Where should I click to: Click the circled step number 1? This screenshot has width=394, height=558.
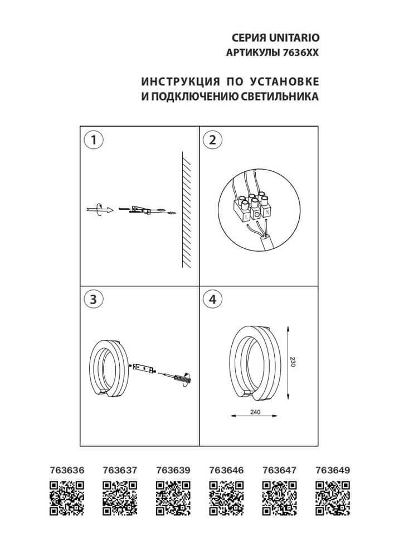94,140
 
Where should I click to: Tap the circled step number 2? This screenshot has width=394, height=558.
211,140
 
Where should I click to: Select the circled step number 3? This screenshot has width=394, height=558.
94,299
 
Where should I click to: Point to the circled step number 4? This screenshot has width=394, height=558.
211,299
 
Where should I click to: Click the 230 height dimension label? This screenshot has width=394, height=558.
294,362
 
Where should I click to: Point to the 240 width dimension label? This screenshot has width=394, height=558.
255,412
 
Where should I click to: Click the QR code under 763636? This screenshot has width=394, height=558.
67,498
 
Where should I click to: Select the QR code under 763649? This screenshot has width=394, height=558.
332,498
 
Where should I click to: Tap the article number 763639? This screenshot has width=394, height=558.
173,470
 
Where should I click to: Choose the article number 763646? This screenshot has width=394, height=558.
226,470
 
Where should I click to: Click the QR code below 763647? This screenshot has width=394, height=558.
279,498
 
